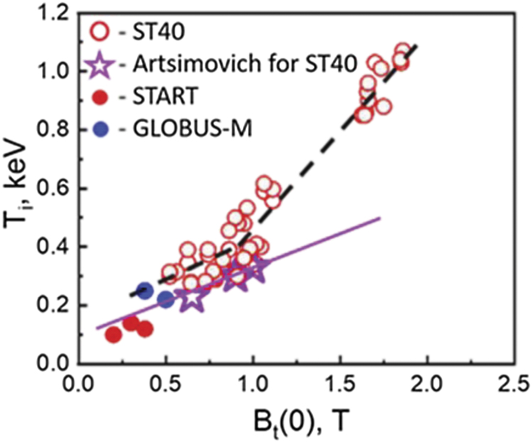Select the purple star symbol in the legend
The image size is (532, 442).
(102, 65)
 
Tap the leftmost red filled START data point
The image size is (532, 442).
(113, 334)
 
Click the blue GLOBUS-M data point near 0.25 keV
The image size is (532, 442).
(145, 290)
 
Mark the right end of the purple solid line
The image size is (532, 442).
(381, 218)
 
